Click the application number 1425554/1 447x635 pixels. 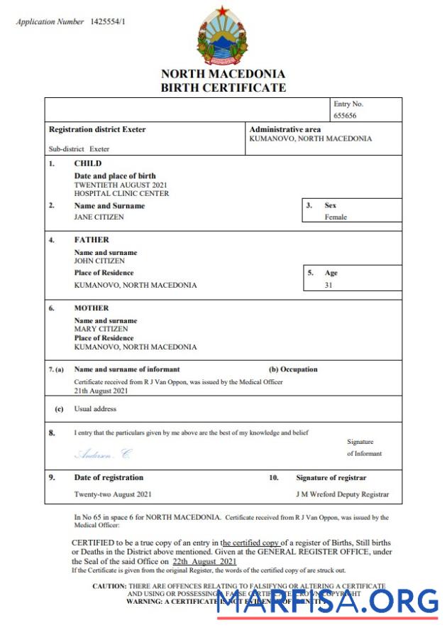pyautogui.click(x=108, y=22)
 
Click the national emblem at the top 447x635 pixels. pyautogui.click(x=223, y=36)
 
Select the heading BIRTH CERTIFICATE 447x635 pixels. pyautogui.click(x=223, y=88)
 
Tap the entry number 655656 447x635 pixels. pyautogui.click(x=346, y=115)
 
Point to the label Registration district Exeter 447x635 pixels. pyautogui.click(x=96, y=130)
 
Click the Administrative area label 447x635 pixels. pyautogui.click(x=285, y=130)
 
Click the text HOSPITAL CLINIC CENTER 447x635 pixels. pyautogui.click(x=121, y=193)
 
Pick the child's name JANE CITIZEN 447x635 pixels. pyautogui.click(x=99, y=217)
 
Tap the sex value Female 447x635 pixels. pyautogui.click(x=336, y=217)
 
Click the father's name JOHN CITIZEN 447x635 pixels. pyautogui.click(x=99, y=261)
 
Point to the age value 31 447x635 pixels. pyautogui.click(x=329, y=285)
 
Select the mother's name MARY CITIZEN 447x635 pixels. pyautogui.click(x=101, y=330)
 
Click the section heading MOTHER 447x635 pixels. pyautogui.click(x=92, y=308)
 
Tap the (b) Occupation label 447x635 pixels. pyautogui.click(x=293, y=369)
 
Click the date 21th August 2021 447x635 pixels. pyautogui.click(x=101, y=391)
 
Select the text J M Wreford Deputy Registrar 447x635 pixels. pyautogui.click(x=342, y=494)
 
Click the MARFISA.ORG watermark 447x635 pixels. pyautogui.click(x=328, y=602)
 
